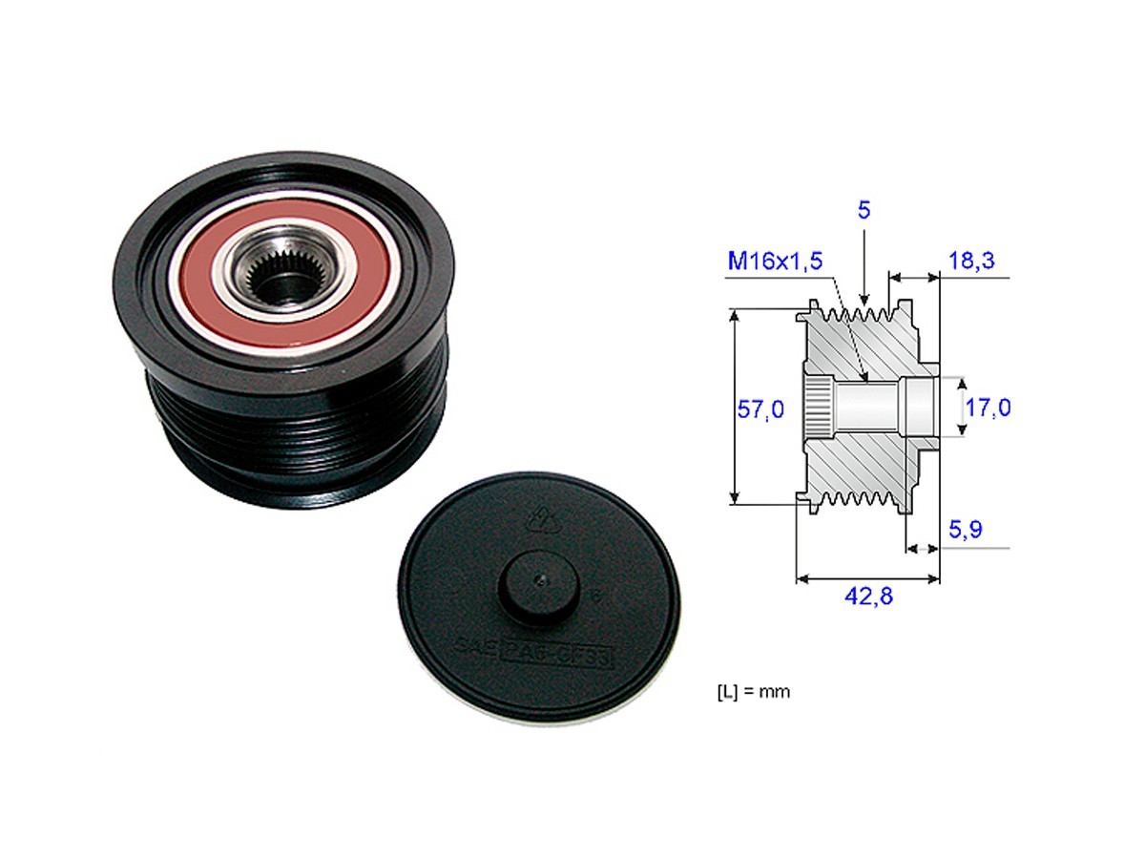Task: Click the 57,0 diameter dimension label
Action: (760, 409)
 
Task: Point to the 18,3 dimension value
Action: (972, 261)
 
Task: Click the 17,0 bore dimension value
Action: (988, 409)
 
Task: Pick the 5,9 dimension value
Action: (969, 528)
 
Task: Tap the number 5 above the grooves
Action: (864, 210)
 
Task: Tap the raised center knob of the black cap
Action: (538, 585)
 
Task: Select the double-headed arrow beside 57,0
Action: (734, 406)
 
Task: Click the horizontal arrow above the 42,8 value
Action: (867, 578)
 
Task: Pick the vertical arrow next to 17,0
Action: (961, 406)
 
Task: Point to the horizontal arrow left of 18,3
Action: (914, 278)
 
